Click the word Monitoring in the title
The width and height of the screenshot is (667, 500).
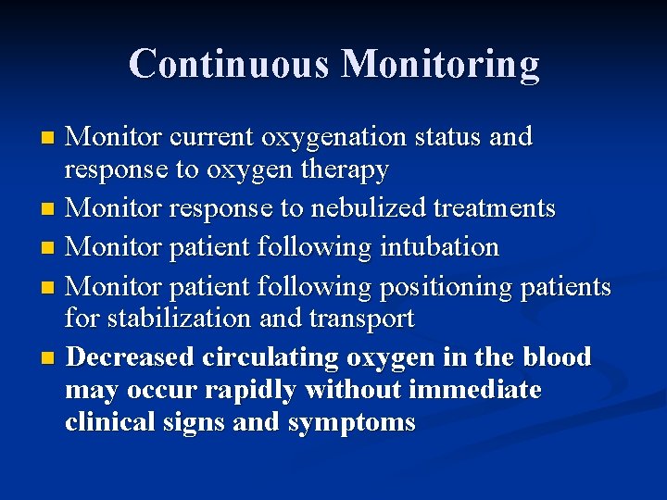tap(440, 64)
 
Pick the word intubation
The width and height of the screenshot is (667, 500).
tap(439, 247)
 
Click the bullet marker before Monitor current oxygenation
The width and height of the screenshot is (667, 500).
tap(50, 138)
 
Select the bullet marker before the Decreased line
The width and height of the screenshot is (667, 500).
tap(50, 357)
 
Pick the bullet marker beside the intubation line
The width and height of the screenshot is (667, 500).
tap(50, 248)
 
